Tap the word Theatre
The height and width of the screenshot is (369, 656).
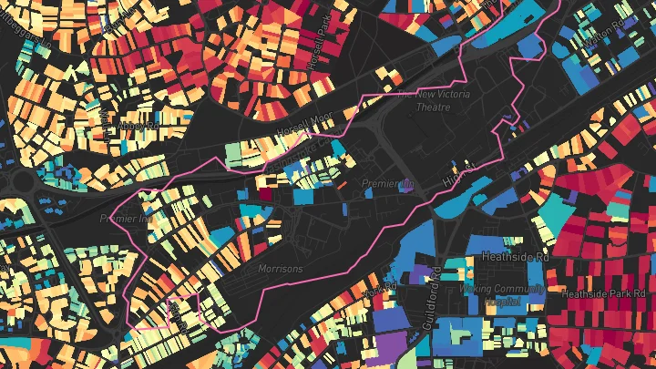pyautogui.click(x=433, y=107)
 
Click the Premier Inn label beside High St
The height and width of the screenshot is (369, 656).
pyautogui.click(x=387, y=183)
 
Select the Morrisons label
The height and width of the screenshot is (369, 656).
pyautogui.click(x=279, y=268)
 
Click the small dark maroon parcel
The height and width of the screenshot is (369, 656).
pyautogui.click(x=265, y=192)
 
